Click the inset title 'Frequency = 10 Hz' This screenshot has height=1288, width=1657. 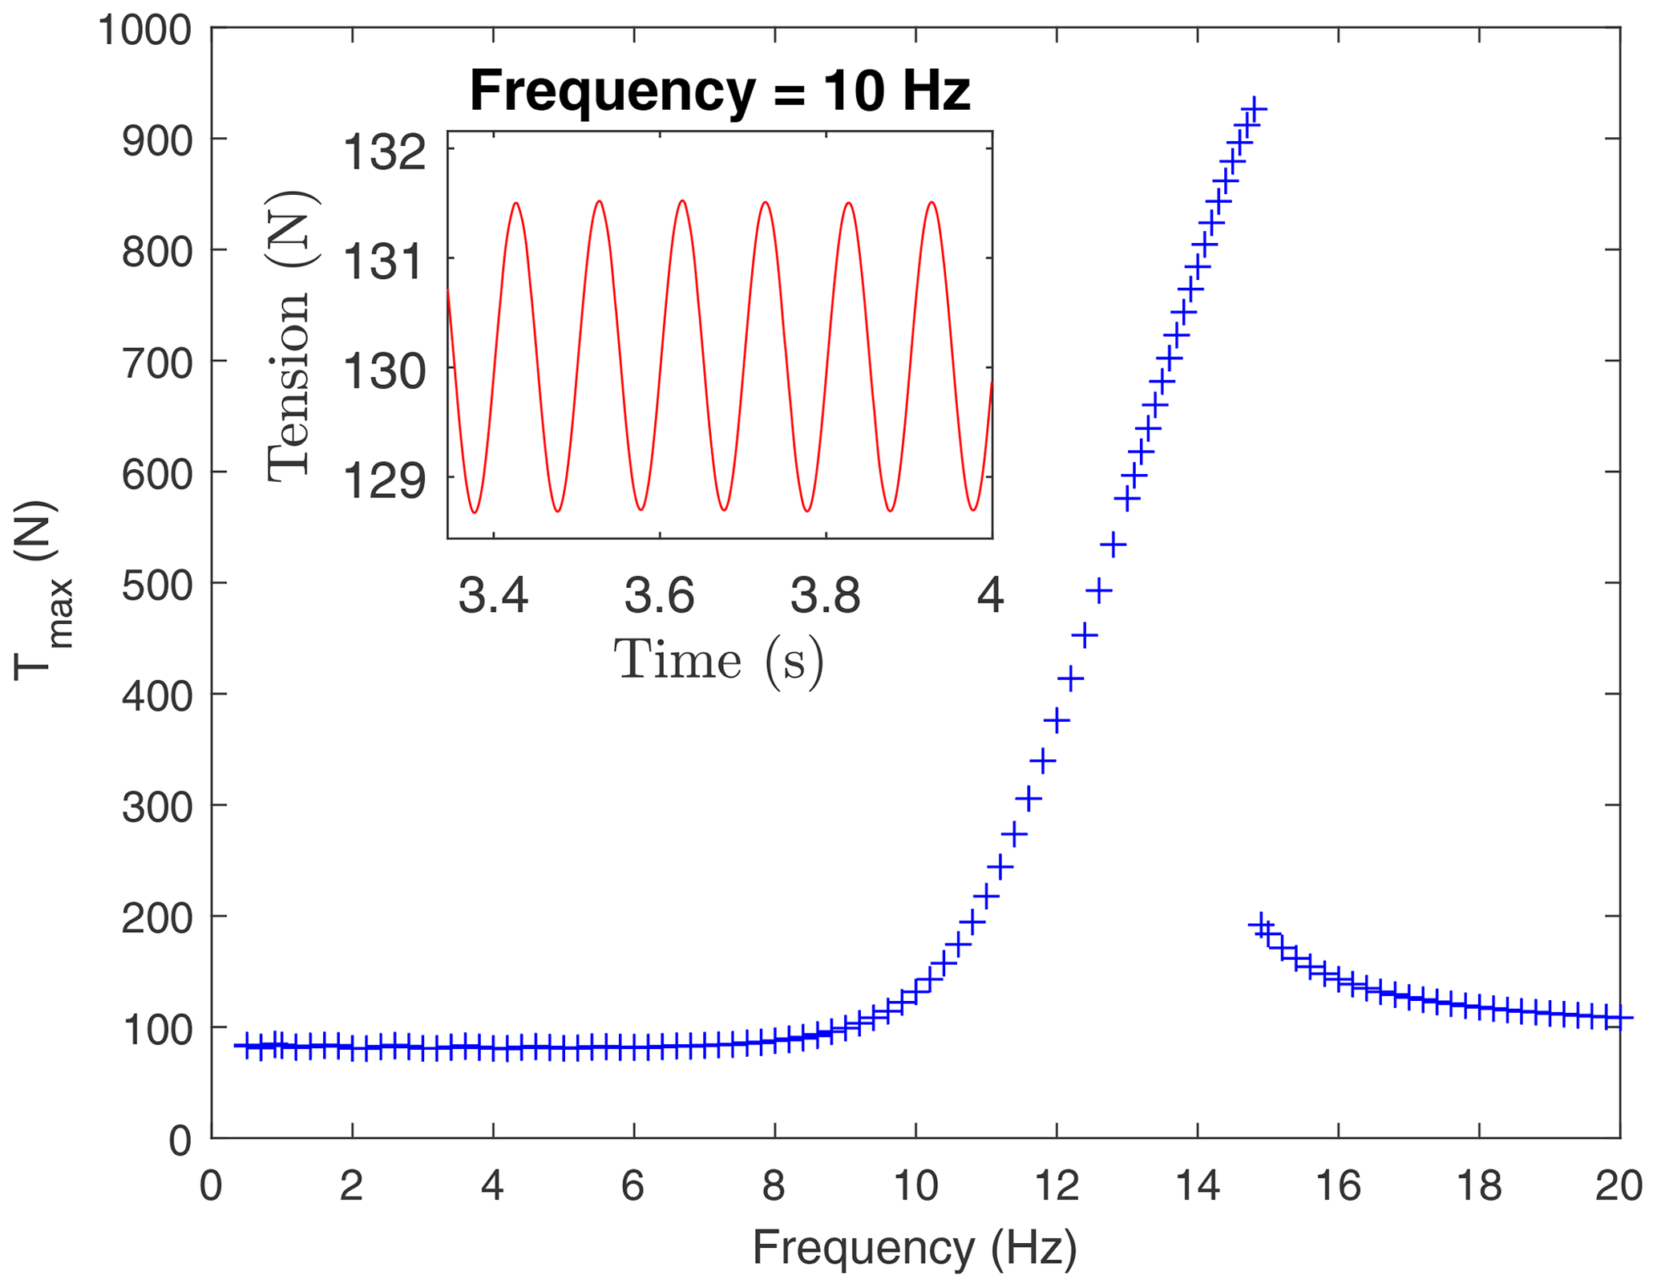click(719, 90)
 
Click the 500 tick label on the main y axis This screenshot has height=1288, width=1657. click(157, 585)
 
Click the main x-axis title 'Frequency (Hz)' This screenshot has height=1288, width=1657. click(914, 1248)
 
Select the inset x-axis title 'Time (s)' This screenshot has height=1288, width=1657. click(719, 659)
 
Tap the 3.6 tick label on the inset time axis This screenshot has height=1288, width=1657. click(659, 596)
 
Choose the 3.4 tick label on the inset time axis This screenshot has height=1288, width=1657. click(493, 596)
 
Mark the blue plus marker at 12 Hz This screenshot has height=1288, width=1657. click(1057, 720)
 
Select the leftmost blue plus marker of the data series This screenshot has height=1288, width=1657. click(247, 1045)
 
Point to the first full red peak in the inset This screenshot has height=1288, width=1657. click(516, 203)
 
